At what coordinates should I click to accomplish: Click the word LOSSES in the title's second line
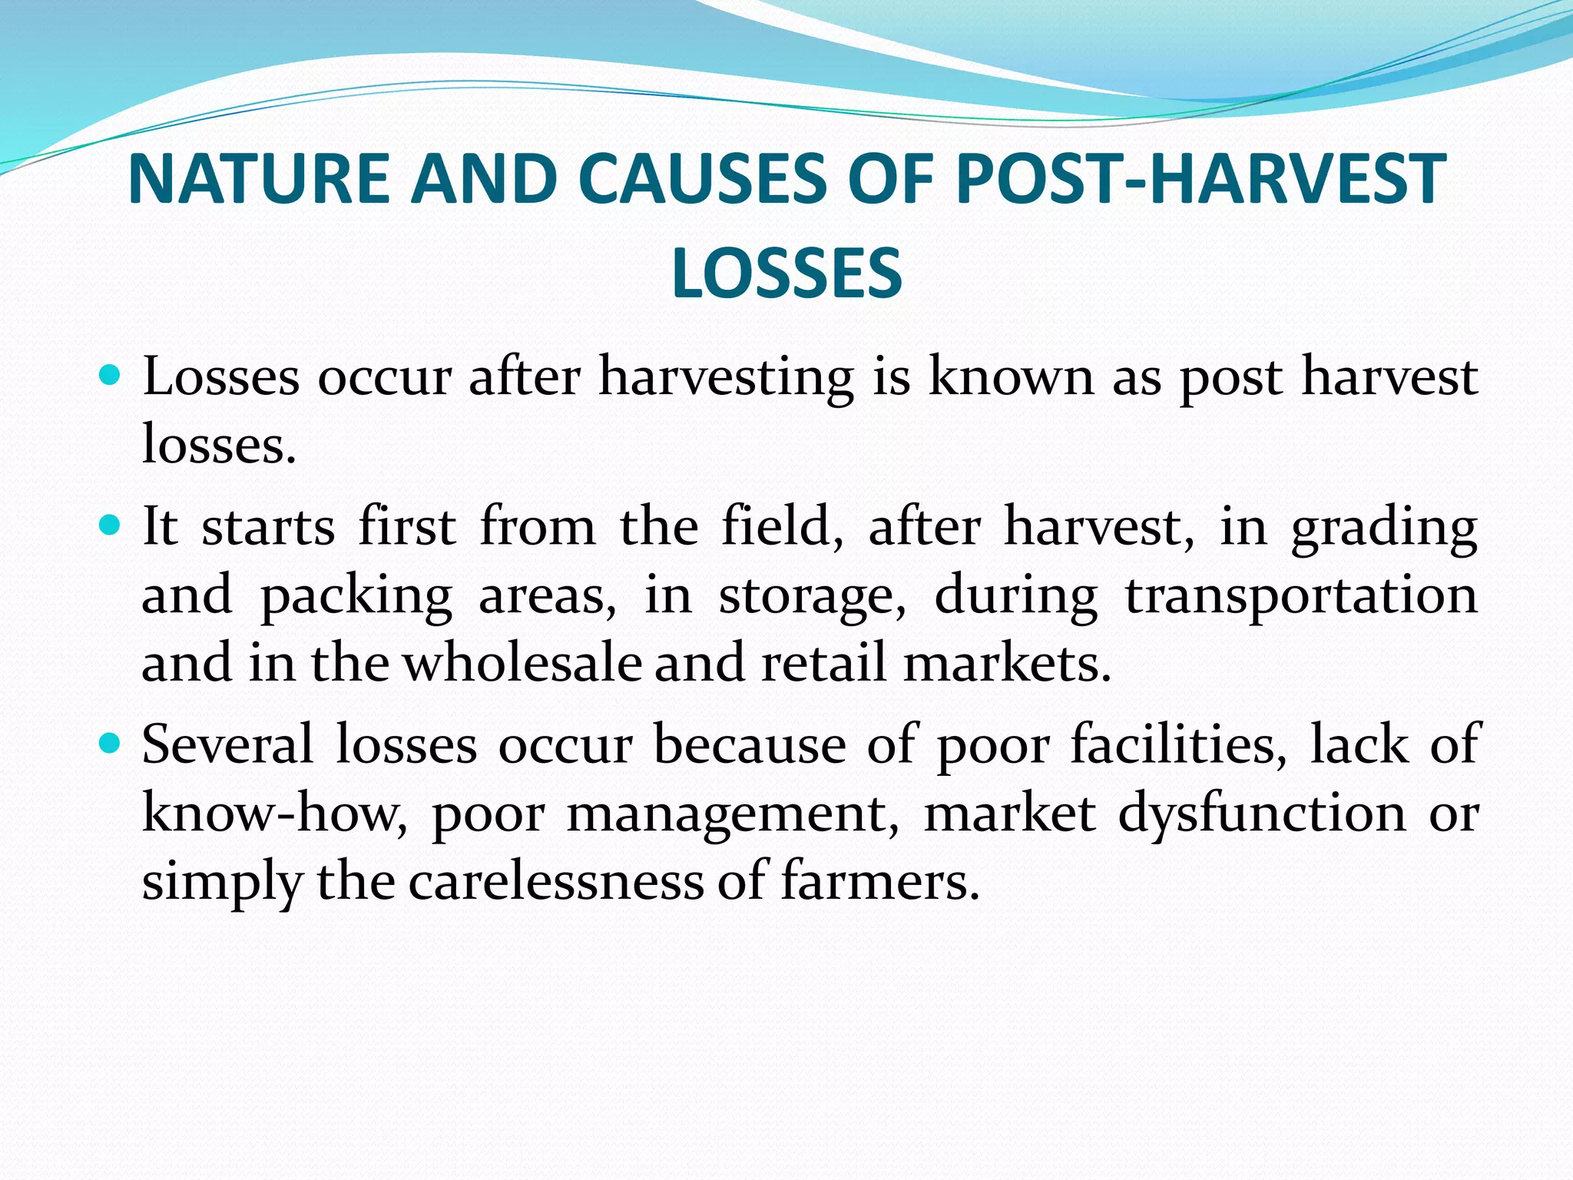coord(786,273)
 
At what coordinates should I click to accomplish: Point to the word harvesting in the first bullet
coord(726,378)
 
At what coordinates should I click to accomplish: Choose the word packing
coord(356,596)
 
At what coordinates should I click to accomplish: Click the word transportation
coord(1301,596)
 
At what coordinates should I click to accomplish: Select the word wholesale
coord(522,662)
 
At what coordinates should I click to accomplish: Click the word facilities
coord(1178,744)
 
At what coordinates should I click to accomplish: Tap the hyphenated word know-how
coord(275,812)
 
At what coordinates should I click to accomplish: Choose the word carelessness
coord(555,880)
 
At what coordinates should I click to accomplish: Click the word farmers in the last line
coord(880,880)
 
